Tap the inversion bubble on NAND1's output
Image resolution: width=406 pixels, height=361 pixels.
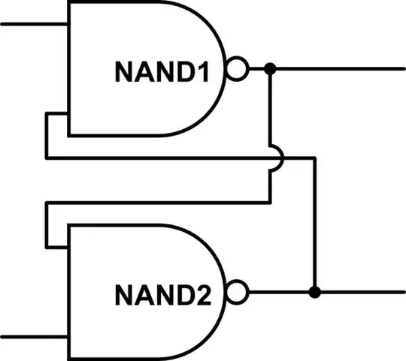(237, 71)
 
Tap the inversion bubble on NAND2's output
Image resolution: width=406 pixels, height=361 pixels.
(237, 290)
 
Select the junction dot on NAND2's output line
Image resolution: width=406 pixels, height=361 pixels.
(316, 290)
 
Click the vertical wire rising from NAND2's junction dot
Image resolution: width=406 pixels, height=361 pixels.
(316, 225)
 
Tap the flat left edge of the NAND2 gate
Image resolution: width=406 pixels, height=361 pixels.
(69, 293)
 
